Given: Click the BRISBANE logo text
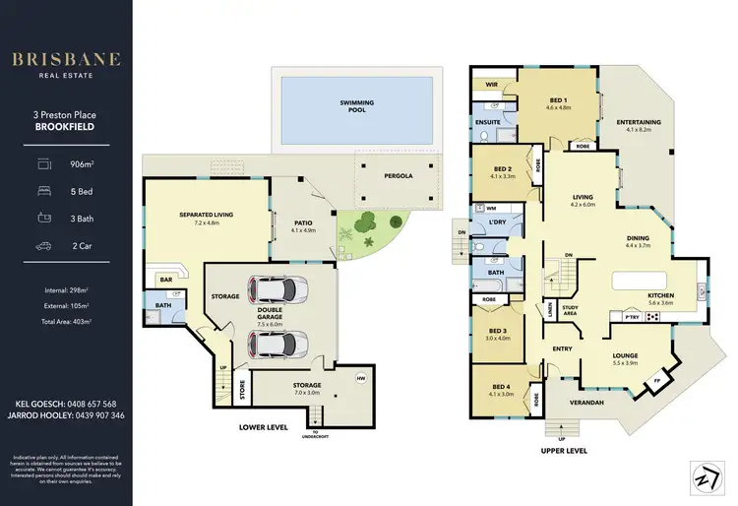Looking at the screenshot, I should click(x=66, y=59).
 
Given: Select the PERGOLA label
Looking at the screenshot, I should click(x=398, y=176).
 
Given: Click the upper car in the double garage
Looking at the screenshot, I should click(x=278, y=290).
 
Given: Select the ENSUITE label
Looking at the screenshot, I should click(x=488, y=123).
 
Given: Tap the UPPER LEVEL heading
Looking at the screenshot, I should click(x=564, y=450).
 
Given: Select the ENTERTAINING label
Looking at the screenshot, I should click(x=644, y=124).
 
